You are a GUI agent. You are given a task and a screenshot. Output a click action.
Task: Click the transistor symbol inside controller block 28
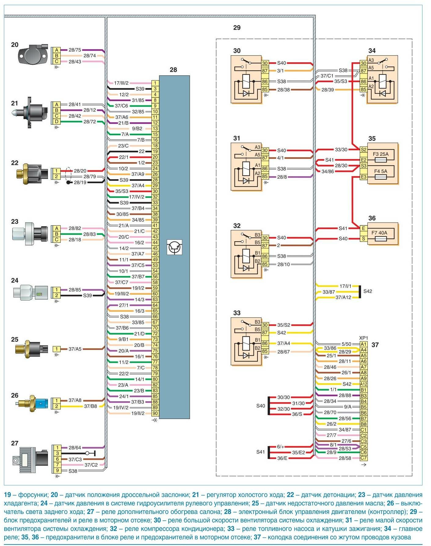tap(175, 247)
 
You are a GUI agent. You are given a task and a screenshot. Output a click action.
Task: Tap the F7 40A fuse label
tap(379, 233)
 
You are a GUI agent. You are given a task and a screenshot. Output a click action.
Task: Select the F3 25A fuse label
tap(381, 154)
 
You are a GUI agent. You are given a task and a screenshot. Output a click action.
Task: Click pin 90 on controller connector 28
tap(155, 413)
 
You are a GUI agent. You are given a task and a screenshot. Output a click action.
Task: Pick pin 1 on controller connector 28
tap(155, 83)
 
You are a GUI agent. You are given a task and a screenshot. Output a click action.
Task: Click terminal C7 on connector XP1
tap(363, 458)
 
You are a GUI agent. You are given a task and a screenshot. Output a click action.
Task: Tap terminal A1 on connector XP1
tap(363, 344)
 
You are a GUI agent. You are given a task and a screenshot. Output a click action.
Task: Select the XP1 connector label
tap(363, 338)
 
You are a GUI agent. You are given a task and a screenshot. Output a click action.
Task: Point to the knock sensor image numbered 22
tap(32, 173)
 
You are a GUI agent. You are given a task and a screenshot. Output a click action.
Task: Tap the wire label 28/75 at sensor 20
tap(75, 50)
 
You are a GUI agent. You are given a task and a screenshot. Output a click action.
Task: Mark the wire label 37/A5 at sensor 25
tap(75, 349)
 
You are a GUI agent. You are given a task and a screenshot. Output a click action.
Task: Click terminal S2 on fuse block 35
tap(363, 150)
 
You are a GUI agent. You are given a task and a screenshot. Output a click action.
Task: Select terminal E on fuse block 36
tap(363, 228)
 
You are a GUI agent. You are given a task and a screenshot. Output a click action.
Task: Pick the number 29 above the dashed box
tap(237, 28)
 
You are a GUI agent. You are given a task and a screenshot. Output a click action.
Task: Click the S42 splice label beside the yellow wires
tap(368, 291)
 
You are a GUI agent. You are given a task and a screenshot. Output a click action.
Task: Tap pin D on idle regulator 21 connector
tap(57, 122)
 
